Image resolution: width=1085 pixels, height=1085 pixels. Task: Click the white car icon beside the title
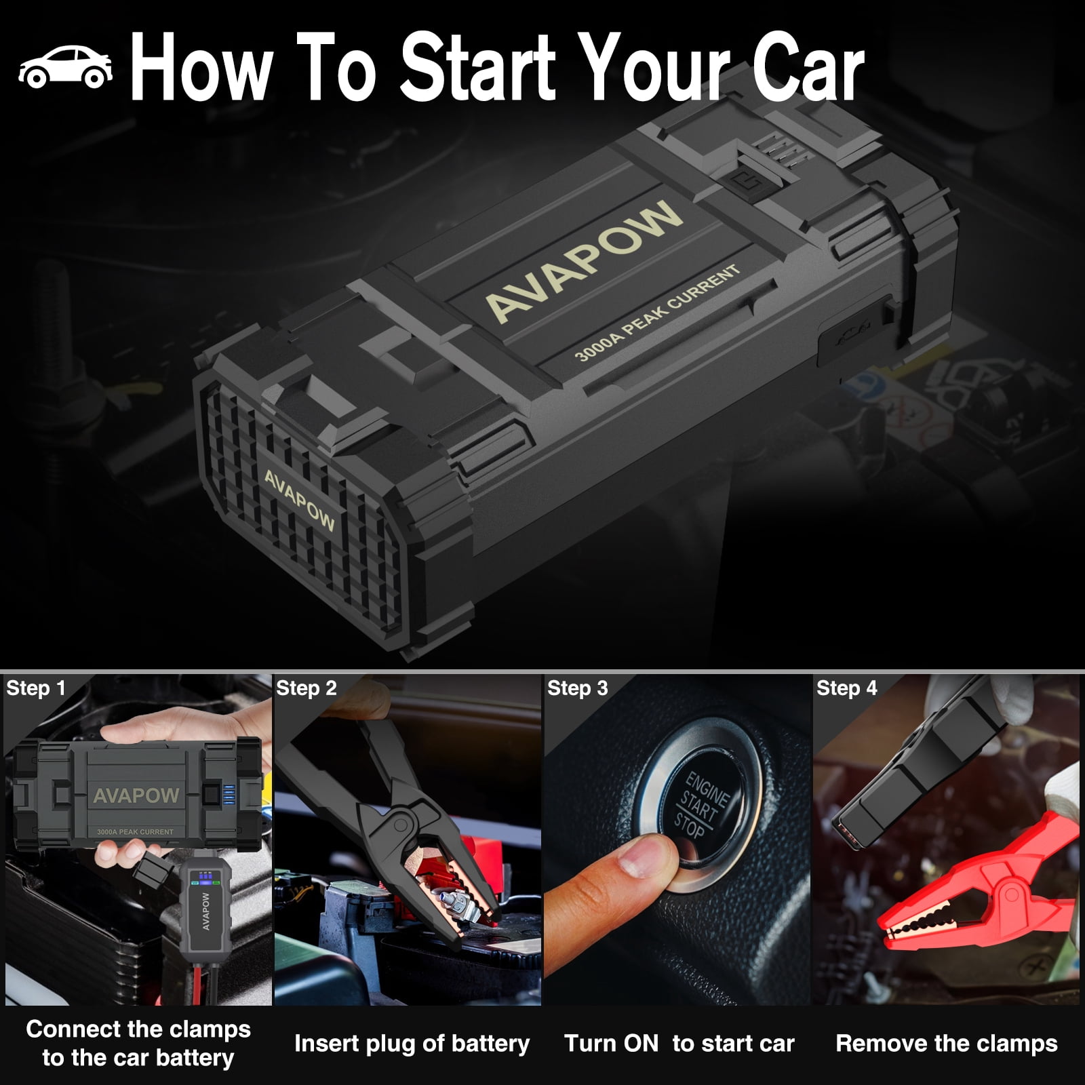point(65,67)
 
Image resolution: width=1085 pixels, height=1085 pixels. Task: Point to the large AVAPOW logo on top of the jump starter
point(583,260)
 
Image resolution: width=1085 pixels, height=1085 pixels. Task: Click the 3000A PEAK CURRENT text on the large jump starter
point(657,313)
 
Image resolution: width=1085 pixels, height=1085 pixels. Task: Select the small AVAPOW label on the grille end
point(299,500)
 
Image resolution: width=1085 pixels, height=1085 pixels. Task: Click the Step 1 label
point(36,688)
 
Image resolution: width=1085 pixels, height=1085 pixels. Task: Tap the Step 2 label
point(307,688)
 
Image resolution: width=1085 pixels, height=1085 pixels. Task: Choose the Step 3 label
point(578,688)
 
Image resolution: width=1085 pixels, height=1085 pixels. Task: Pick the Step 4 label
point(847,688)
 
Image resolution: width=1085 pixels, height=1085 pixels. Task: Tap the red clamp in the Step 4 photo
point(976,882)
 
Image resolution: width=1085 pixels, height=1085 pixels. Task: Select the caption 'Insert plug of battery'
point(412,1044)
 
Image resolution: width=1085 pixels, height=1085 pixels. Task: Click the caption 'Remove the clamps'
point(947,1043)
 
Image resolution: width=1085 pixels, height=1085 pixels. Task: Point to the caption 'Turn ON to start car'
point(679,1043)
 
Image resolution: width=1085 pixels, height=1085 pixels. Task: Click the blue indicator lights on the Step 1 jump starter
point(229,794)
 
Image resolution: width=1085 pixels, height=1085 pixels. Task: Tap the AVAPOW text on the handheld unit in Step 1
point(206,911)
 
